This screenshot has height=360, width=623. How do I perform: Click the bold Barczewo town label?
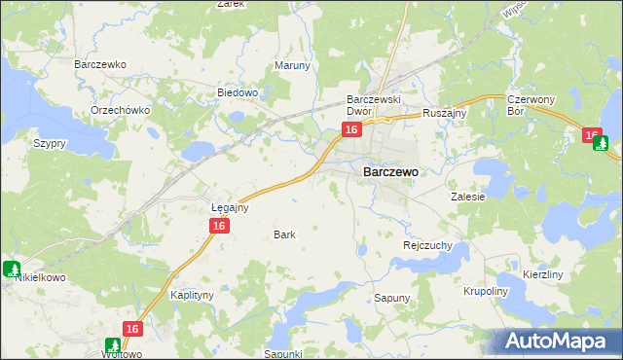pos(390,171)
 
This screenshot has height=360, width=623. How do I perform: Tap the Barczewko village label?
pos(101,64)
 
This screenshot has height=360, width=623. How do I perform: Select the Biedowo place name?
pos(237,93)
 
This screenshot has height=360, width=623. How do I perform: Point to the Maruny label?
pos(292,66)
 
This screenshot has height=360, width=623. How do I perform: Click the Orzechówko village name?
pos(120,110)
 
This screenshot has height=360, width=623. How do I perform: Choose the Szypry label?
pos(49,143)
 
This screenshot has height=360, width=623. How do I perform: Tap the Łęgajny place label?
pos(231,207)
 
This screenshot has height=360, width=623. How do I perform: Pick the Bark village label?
pos(284,234)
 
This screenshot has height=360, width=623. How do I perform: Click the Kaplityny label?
pos(192,294)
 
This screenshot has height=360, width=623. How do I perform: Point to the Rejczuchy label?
pos(427,246)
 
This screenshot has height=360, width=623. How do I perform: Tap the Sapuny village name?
pos(393,298)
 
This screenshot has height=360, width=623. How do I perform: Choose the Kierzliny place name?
pos(543,275)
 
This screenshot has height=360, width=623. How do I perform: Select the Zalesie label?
pos(467,196)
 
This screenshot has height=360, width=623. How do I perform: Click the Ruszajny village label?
pos(446,113)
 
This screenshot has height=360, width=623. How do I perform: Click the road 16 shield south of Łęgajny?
pos(220,226)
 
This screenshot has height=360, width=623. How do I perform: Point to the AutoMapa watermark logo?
pos(559,342)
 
